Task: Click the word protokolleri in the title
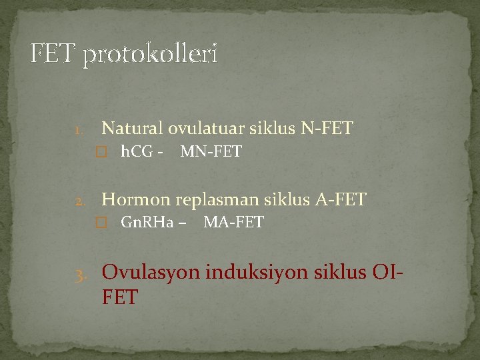[150, 55]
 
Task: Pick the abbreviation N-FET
[327, 128]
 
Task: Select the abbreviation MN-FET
[211, 152]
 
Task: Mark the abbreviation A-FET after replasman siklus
[342, 199]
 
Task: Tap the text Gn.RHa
[147, 223]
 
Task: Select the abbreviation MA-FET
[233, 223]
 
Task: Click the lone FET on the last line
[120, 297]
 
